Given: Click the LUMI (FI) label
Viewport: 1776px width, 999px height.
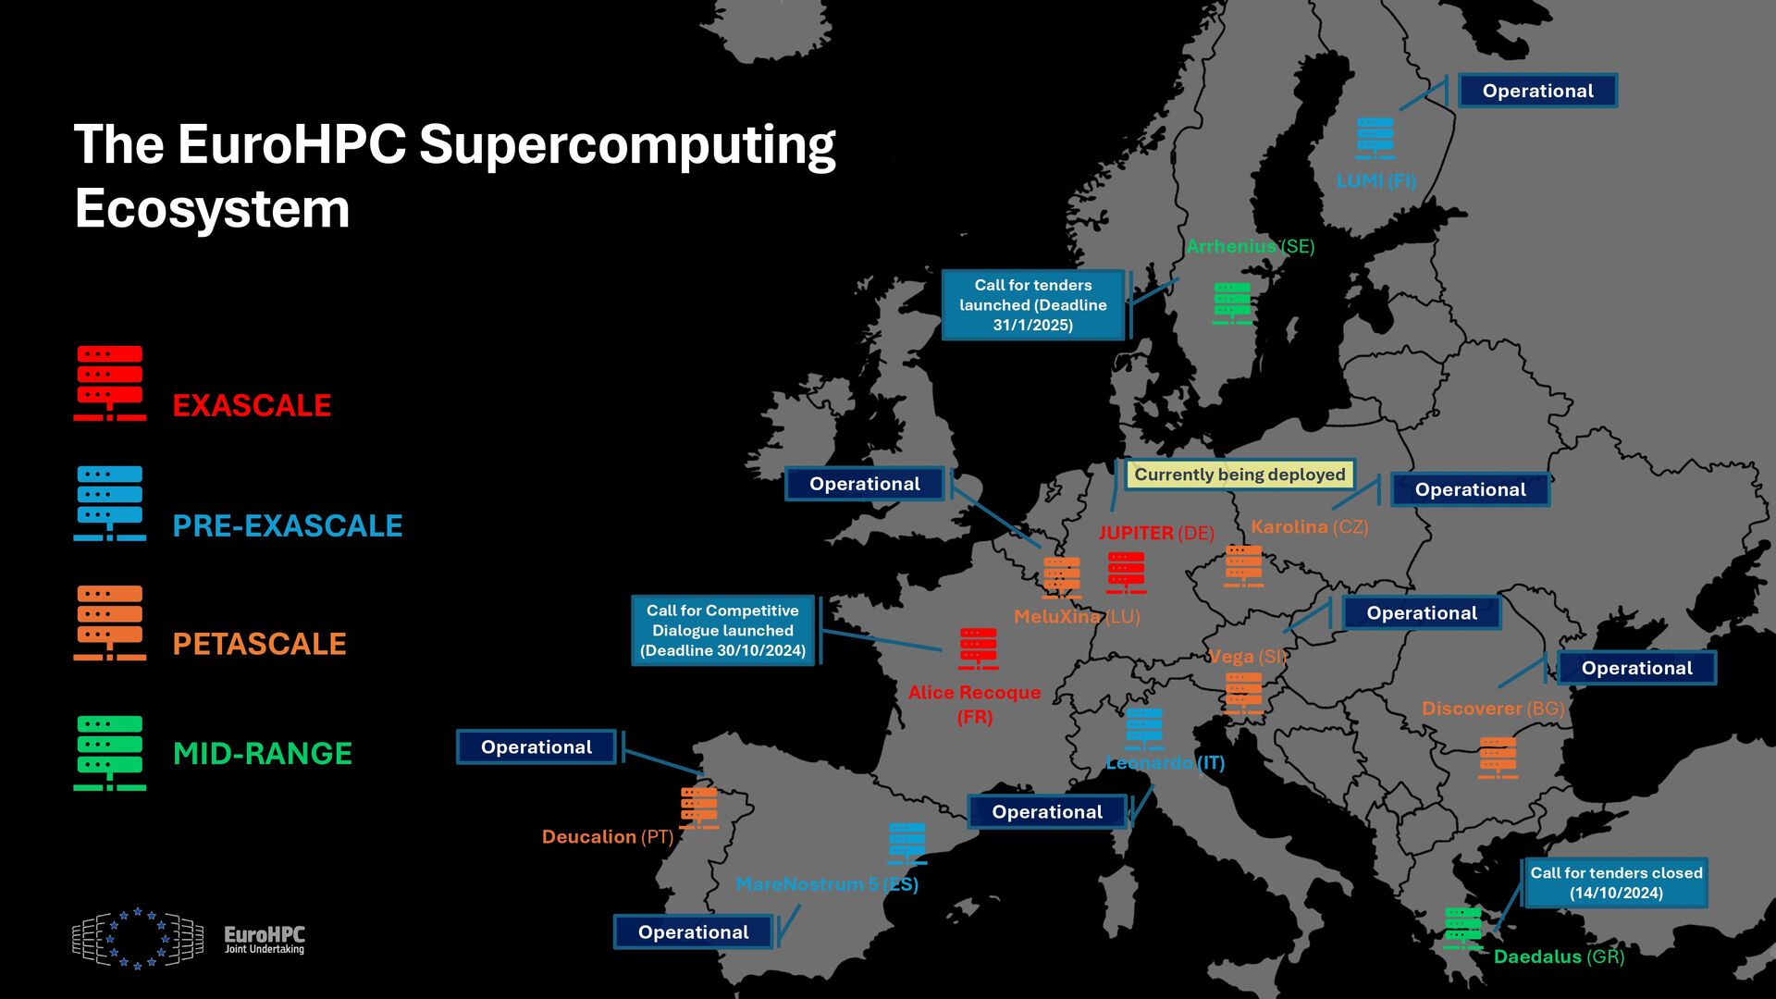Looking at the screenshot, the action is [x=1375, y=181].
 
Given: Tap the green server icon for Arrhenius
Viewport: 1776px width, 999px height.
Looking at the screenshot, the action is [x=1232, y=303].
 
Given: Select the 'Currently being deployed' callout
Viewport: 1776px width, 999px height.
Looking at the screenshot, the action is [x=1239, y=475].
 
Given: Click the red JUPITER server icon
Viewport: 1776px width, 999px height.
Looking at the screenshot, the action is [x=1127, y=573].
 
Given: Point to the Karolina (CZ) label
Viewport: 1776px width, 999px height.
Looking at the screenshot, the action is [x=1309, y=527].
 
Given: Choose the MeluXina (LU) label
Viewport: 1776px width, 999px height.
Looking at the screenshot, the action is [x=1077, y=617].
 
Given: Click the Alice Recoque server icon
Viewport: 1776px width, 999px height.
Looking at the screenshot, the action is [x=979, y=648].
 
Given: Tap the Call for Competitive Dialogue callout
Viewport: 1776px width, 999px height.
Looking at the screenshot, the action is [x=722, y=630].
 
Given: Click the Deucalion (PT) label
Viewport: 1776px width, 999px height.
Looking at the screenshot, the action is [x=608, y=837].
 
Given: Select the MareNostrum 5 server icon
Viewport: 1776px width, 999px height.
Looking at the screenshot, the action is [x=907, y=844].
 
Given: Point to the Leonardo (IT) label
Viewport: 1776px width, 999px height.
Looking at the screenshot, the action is [x=1165, y=763].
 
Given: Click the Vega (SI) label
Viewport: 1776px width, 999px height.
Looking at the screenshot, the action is [x=1248, y=657].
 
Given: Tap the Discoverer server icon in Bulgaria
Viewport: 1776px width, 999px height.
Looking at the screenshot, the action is [x=1498, y=758].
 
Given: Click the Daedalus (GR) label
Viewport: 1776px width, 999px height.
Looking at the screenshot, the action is [x=1559, y=956].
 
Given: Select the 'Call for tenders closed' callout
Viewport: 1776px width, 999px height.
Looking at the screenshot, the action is [x=1616, y=882].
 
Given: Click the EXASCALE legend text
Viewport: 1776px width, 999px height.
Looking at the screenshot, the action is [x=252, y=406].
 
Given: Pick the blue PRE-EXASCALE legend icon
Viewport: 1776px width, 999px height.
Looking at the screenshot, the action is [x=110, y=503].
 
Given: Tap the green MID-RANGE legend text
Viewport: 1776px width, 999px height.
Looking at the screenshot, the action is [x=263, y=754].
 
